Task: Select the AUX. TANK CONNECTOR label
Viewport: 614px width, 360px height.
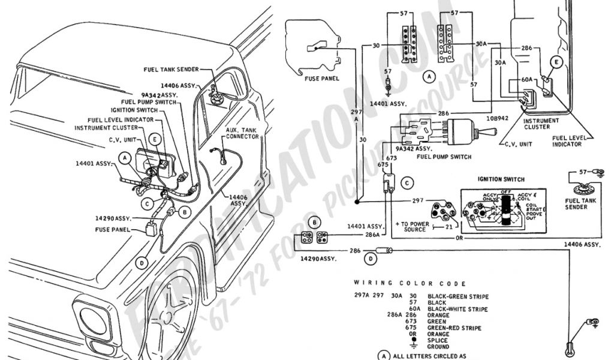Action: (x=242, y=134)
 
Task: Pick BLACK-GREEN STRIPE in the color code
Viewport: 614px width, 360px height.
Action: (x=458, y=296)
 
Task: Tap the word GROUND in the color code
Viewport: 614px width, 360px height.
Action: (x=438, y=347)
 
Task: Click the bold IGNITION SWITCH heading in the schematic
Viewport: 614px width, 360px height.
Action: (x=501, y=179)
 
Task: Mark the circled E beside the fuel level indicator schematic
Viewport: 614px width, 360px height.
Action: (x=556, y=62)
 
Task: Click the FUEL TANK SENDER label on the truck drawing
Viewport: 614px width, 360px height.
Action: (x=171, y=70)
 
